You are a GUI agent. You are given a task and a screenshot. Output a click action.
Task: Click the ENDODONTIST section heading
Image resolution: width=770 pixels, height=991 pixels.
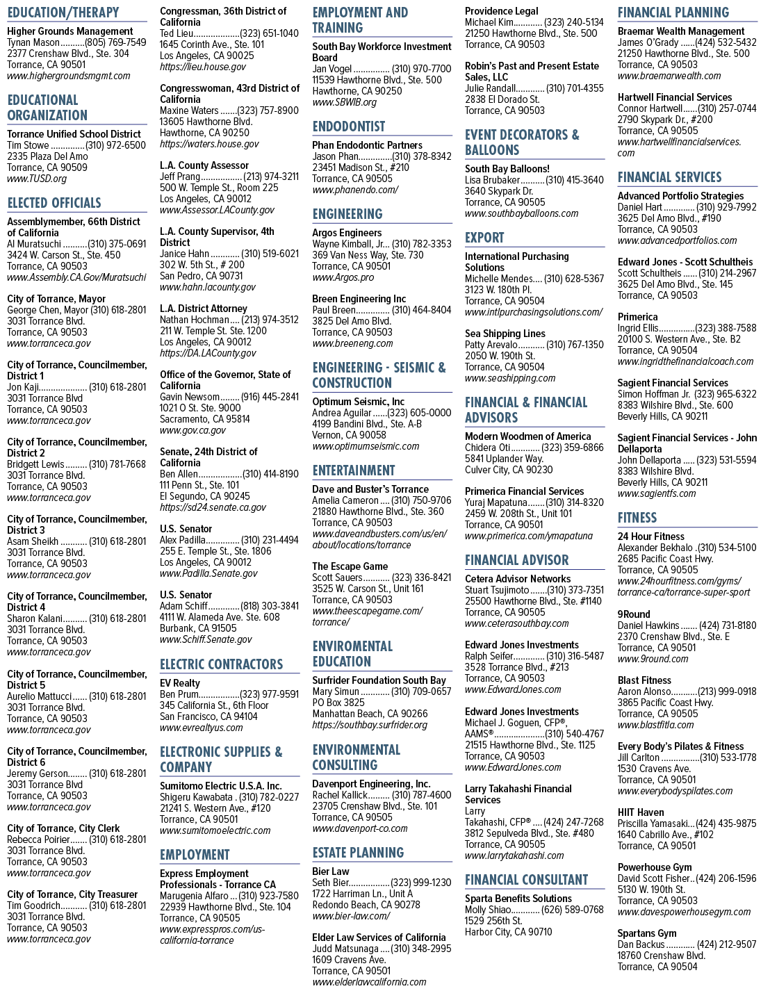[349, 126]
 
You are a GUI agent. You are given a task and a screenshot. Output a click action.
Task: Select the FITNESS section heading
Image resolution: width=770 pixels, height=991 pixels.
[637, 518]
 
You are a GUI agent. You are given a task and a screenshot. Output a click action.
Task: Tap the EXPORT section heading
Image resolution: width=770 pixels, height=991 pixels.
[484, 238]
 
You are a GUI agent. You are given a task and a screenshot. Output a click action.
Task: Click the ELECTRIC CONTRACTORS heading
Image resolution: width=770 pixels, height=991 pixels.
[221, 664]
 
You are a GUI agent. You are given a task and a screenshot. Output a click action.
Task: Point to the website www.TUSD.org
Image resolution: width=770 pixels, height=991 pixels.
[37, 179]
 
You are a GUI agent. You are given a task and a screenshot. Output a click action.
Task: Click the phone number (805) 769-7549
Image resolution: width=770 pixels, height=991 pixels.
[116, 42]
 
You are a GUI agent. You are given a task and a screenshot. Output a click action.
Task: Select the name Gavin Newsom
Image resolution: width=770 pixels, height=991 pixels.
[190, 397]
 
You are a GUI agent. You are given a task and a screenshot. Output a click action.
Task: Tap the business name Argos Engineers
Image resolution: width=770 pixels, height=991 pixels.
[347, 233]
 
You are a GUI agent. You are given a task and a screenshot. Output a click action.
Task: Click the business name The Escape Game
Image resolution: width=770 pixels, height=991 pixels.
[350, 566]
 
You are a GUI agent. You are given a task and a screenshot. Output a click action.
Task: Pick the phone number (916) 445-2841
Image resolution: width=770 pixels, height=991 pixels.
[270, 397]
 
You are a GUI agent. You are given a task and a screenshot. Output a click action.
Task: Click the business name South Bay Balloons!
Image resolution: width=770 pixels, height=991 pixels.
[507, 169]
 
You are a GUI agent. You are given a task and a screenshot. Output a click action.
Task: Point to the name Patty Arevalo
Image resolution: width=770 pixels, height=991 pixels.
[491, 345]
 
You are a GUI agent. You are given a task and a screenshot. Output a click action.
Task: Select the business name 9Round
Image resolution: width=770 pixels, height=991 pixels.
[634, 614]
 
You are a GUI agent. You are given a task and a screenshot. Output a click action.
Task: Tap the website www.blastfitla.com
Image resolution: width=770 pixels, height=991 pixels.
[655, 725]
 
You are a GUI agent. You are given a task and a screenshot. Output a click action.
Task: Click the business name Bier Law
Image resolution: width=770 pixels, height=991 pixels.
[331, 871]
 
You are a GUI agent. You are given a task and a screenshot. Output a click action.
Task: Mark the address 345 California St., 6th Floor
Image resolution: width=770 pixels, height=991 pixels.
[214, 705]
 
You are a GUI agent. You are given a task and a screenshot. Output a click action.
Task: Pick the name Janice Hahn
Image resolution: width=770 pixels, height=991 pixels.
[184, 254]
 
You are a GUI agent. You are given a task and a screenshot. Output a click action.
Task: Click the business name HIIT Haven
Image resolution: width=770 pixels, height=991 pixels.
[641, 812]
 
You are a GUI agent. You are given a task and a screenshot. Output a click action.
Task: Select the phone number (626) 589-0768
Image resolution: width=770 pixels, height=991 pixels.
[572, 910]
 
